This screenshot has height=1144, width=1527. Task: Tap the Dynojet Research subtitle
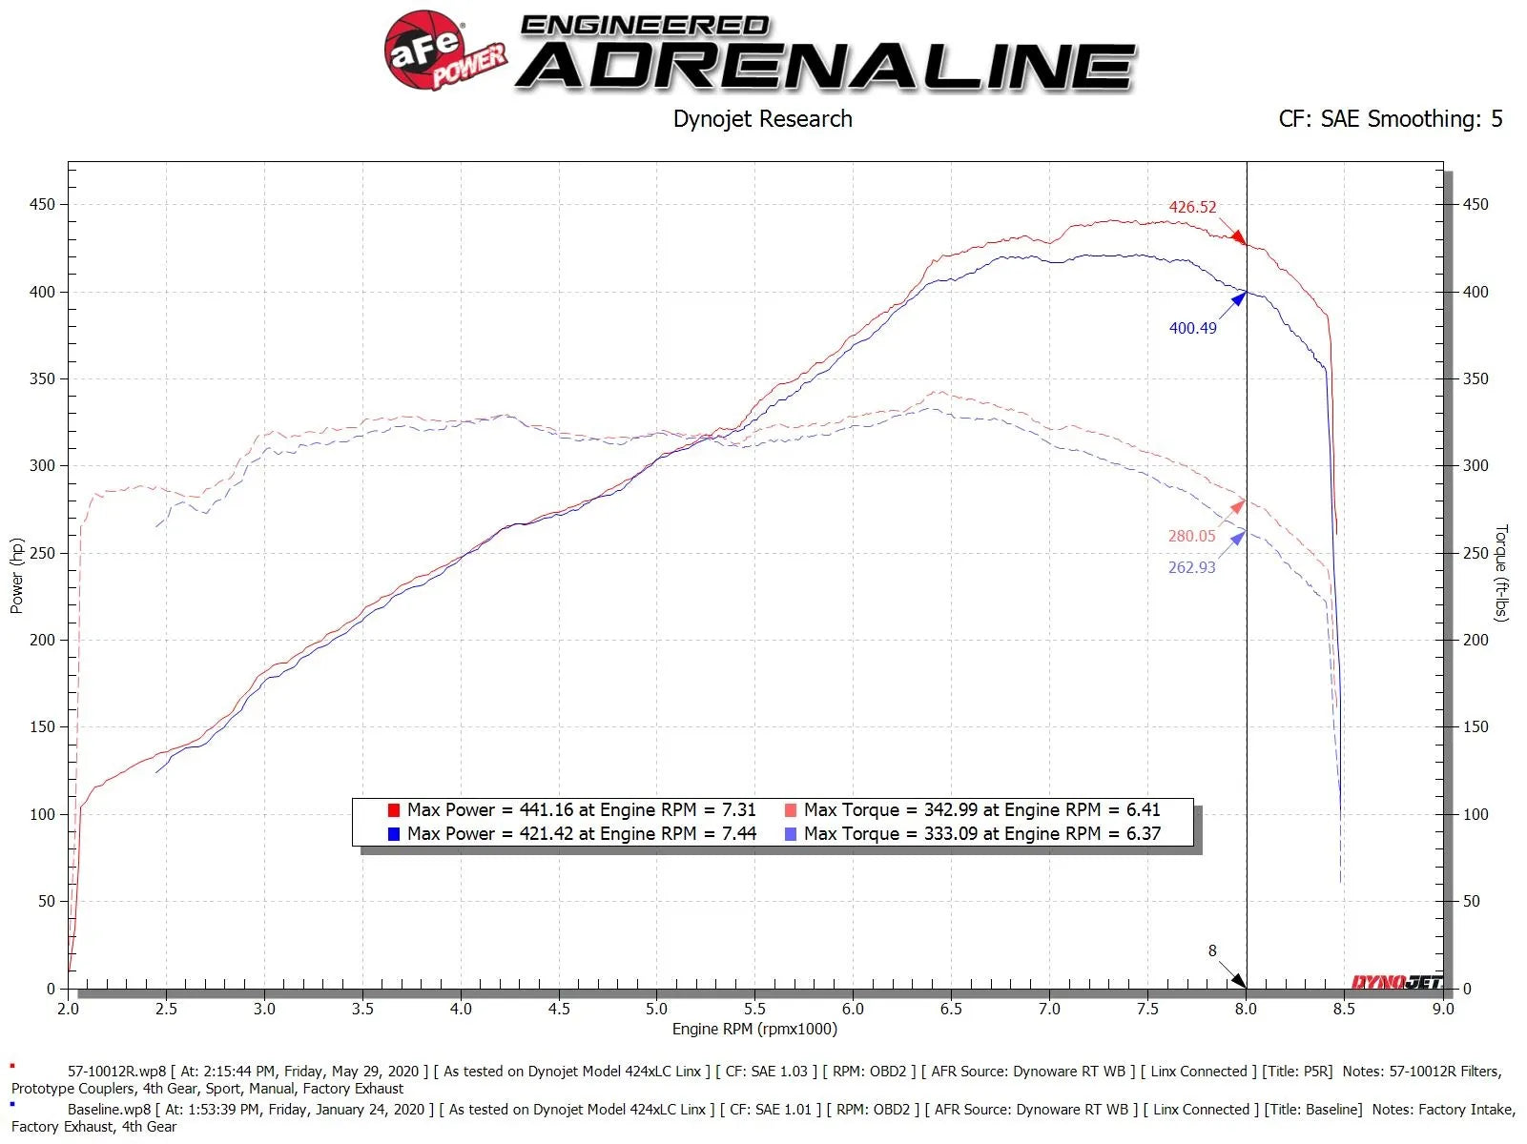(762, 119)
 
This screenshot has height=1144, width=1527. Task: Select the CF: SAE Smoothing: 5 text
(1390, 119)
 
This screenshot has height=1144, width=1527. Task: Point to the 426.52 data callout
(1192, 207)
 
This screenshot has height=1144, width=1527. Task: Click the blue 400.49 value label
(1192, 328)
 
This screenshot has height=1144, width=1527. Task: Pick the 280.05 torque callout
(1191, 536)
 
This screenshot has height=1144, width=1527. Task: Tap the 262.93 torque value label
(1191, 567)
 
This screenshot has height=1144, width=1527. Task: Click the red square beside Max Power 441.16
(393, 810)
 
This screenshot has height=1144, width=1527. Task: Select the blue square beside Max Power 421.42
(393, 834)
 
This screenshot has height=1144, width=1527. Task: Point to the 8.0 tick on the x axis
(1246, 1009)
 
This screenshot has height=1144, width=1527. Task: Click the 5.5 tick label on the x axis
(754, 1009)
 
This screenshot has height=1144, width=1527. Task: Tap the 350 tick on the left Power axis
(43, 378)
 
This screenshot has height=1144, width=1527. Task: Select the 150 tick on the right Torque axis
(1475, 726)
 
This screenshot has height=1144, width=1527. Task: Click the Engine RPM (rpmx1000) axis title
(754, 1030)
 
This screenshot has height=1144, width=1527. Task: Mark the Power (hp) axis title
(16, 576)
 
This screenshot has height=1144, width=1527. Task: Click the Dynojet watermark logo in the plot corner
(1396, 982)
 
